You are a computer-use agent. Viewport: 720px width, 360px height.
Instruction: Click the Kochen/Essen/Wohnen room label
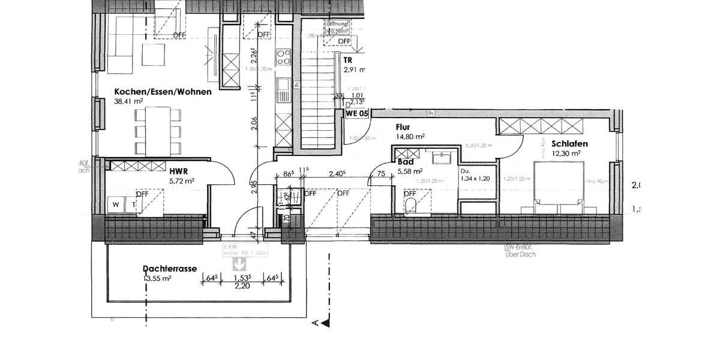pyautogui.click(x=163, y=92)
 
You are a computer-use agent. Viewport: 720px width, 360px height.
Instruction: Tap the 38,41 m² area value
pyautogui.click(x=129, y=101)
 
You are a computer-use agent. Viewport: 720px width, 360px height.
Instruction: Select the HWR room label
pyautogui.click(x=175, y=171)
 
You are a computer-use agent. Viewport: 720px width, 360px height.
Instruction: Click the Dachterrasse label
pyautogui.click(x=170, y=269)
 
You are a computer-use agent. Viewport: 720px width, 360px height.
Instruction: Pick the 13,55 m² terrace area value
pyautogui.click(x=157, y=278)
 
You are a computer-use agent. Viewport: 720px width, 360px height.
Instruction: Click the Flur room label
pyautogui.click(x=403, y=127)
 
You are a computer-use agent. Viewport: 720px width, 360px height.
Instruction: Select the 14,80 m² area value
pyautogui.click(x=410, y=137)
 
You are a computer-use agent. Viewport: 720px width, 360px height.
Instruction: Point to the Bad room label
pyautogui.click(x=405, y=162)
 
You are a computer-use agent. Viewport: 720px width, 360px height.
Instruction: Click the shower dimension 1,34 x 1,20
pyautogui.click(x=474, y=178)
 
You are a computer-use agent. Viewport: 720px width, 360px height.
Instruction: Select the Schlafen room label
pyautogui.click(x=569, y=144)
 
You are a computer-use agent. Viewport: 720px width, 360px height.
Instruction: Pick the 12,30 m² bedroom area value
pyautogui.click(x=567, y=154)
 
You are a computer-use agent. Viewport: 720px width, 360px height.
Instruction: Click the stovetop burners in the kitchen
pyautogui.click(x=283, y=56)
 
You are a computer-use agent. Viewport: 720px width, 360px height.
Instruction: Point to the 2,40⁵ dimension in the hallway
pyautogui.click(x=337, y=175)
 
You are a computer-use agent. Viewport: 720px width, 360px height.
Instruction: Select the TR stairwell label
pyautogui.click(x=347, y=61)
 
